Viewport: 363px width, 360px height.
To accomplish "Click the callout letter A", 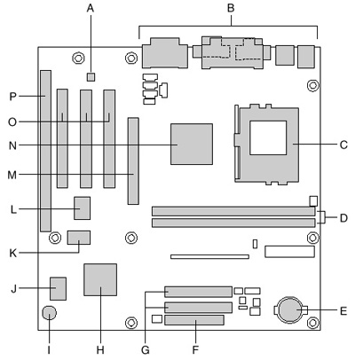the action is [x=91, y=8].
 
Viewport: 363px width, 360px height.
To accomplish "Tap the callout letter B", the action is [x=231, y=8].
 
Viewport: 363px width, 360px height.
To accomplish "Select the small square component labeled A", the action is [x=91, y=77].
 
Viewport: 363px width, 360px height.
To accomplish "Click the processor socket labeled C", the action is [x=267, y=145].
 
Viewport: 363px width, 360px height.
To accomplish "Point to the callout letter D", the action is [x=343, y=218].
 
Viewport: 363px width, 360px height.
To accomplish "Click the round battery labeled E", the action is [x=290, y=309].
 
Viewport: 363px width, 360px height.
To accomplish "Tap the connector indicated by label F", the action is [x=194, y=320].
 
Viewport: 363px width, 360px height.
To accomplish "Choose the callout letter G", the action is [x=146, y=350].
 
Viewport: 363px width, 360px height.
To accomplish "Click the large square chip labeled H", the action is [x=100, y=279].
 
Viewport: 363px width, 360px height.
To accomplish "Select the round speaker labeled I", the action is [x=50, y=312].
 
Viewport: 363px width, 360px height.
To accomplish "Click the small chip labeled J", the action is [x=58, y=288].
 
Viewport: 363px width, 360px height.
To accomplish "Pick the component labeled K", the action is [x=79, y=238].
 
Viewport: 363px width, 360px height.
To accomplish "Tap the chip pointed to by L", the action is [x=82, y=208].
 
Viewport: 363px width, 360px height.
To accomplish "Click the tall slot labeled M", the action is [x=133, y=161].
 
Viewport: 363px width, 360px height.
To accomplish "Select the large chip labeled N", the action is [x=192, y=144].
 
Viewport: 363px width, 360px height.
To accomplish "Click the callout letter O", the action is [x=12, y=121].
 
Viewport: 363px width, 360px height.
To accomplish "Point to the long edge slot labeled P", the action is [x=45, y=151].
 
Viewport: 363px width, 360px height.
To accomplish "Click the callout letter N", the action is [x=12, y=145].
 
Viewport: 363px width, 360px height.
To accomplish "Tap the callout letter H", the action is [x=100, y=350].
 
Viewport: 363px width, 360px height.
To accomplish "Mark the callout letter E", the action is [x=343, y=311].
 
